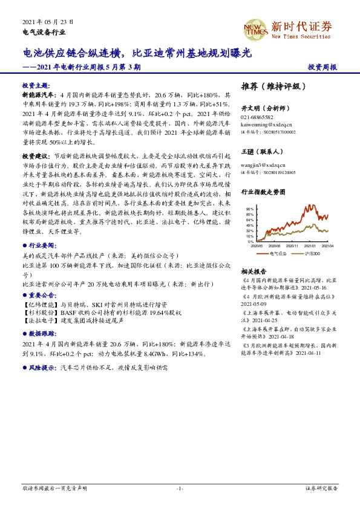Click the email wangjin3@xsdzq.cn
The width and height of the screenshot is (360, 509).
261,163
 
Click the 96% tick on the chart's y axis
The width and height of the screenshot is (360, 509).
250,209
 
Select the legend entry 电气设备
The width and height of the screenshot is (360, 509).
274,253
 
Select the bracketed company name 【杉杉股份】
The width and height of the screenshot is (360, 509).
39,313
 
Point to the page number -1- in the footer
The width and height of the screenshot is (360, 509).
180,488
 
